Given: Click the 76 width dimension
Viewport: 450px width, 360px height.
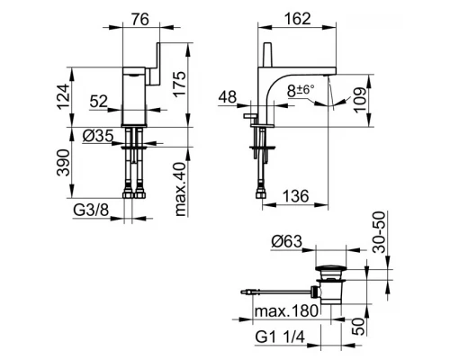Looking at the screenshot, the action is pyautogui.click(x=140, y=20).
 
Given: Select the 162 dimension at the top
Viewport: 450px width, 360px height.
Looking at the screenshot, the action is pyautogui.click(x=297, y=19).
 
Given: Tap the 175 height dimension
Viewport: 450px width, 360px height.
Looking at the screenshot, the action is pyautogui.click(x=179, y=84).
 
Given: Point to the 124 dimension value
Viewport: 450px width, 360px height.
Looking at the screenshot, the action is pyautogui.click(x=63, y=96).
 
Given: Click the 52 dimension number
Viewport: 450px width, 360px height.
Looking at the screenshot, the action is pyautogui.click(x=99, y=102).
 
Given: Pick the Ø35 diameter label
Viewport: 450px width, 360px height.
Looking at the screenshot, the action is pyautogui.click(x=98, y=136).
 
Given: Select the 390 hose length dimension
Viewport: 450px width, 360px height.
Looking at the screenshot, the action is pyautogui.click(x=63, y=163).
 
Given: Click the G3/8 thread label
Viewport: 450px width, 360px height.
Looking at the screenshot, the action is pyautogui.click(x=91, y=211).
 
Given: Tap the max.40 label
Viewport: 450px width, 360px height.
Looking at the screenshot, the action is pyautogui.click(x=181, y=189).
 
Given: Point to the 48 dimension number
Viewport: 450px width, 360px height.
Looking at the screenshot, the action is pyautogui.click(x=228, y=97).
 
